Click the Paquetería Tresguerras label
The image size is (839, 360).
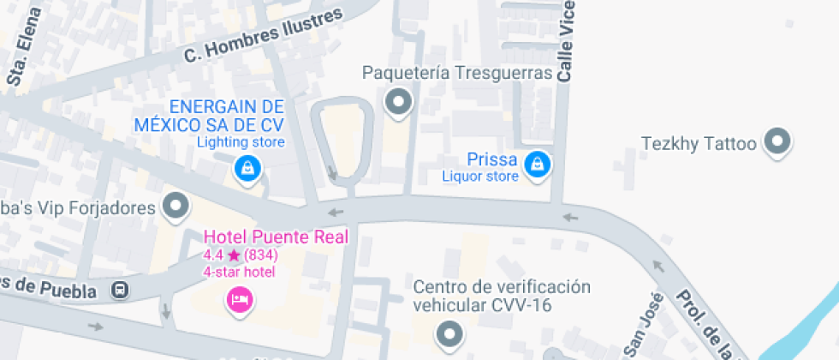tap(456, 73)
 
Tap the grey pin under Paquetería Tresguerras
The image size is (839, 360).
tap(399, 104)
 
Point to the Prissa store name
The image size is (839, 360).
tap(491, 159)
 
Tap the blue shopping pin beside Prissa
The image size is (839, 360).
tap(537, 163)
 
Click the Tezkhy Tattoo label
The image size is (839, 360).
tap(699, 143)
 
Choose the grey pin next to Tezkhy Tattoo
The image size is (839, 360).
tap(778, 141)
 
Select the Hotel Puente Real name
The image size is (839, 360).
tap(275, 237)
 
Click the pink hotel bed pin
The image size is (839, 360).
tap(239, 299)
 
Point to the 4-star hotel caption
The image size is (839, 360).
tap(239, 272)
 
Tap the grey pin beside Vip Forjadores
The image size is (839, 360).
tap(176, 206)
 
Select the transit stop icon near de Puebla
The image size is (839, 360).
tap(121, 291)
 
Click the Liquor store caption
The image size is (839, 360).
tap(479, 177)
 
